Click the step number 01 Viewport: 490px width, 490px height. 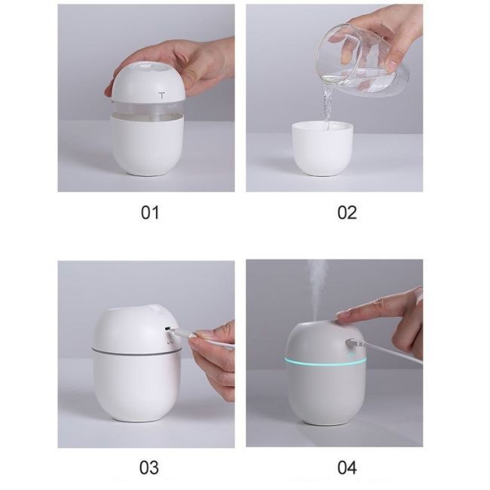pos(150,213)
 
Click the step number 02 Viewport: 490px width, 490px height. pos(347,213)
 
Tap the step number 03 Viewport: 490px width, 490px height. pos(149,468)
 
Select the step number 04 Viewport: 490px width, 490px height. pos(347,468)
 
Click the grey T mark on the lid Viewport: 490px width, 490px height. pos(161,95)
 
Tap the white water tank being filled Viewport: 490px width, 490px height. pos(323,149)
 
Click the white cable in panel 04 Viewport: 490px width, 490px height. pos(394,354)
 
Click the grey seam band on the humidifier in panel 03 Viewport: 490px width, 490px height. pos(136,351)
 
